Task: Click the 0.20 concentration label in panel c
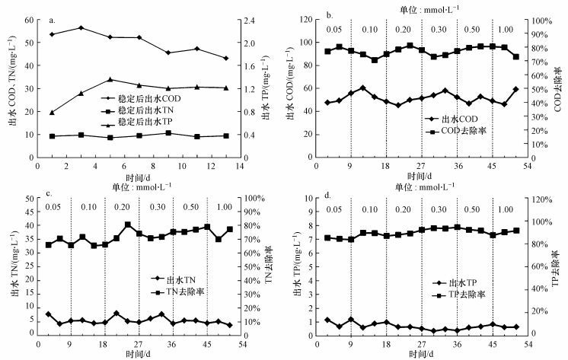(121, 208)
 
